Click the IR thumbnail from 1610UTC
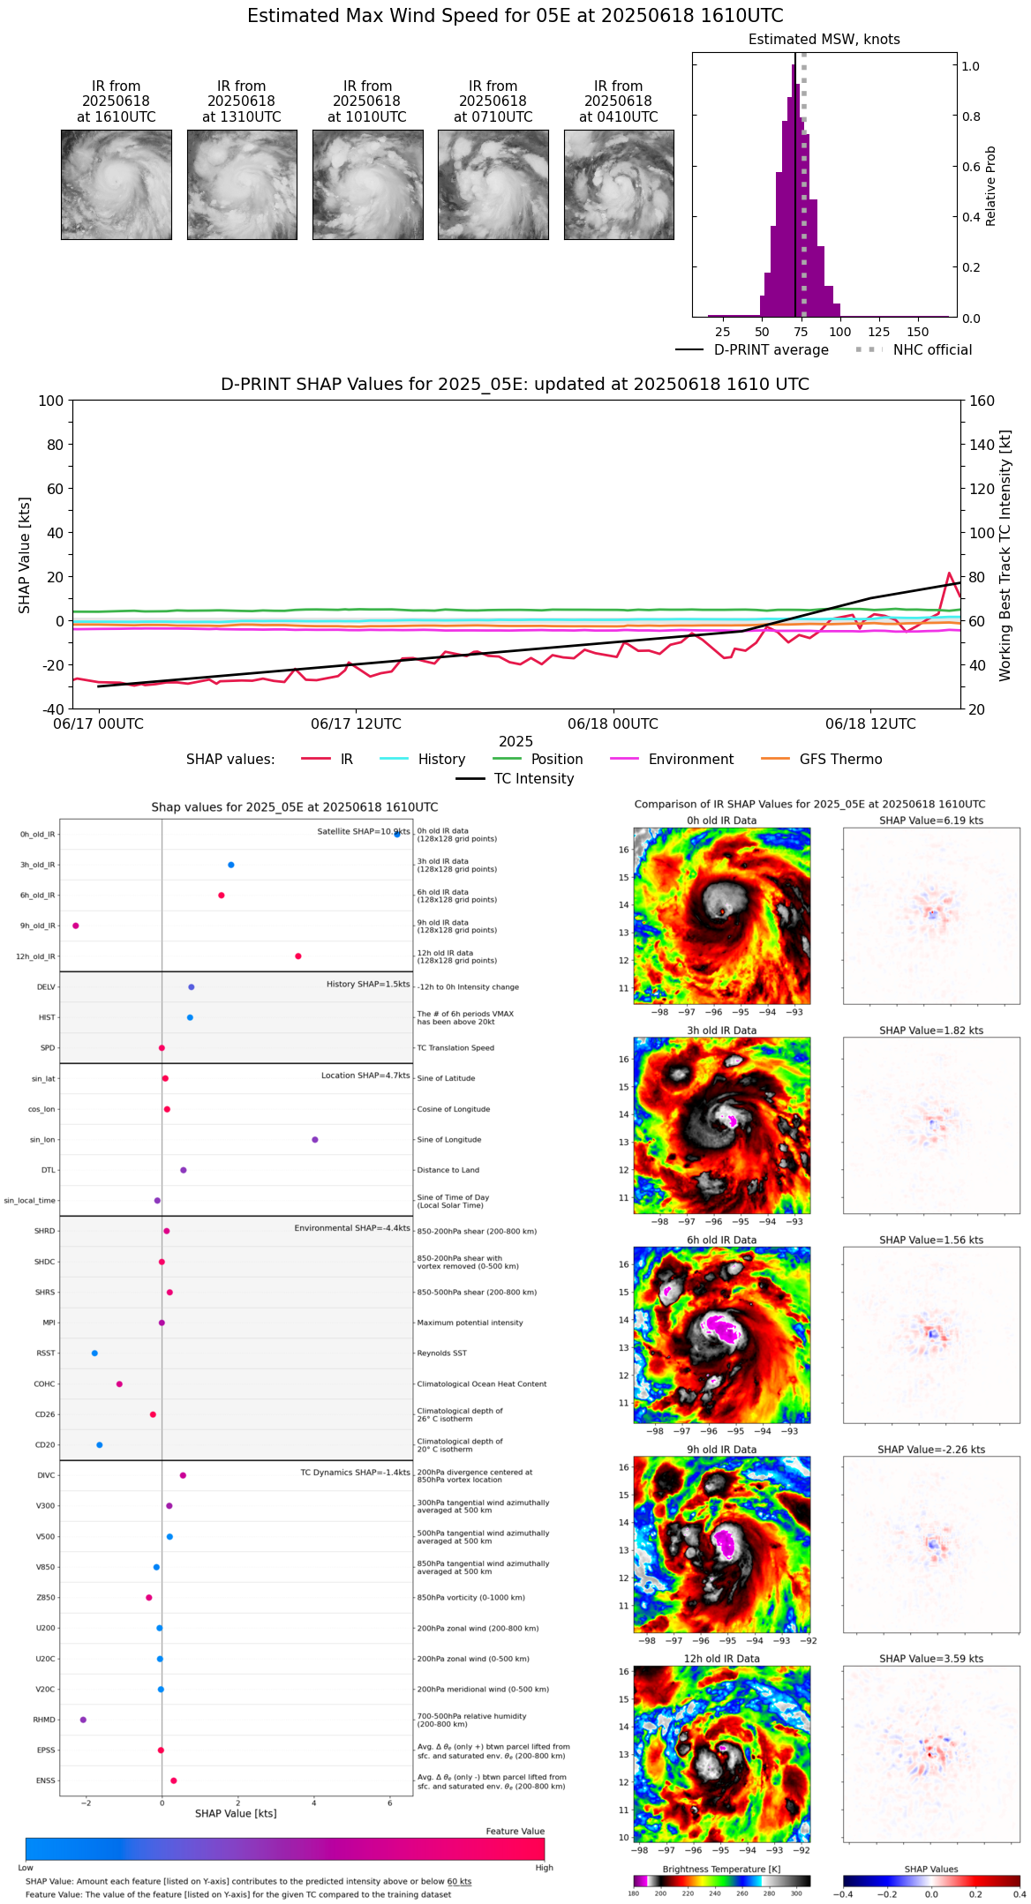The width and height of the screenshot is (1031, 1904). [117, 184]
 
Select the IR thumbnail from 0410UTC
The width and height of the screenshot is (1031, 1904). [619, 184]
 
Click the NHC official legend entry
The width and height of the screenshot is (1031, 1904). [932, 350]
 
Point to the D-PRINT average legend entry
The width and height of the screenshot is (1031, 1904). [771, 350]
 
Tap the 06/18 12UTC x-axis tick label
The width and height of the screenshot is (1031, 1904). [870, 724]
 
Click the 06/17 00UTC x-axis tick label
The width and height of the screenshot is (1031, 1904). [99, 724]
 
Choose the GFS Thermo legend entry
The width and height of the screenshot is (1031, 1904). [840, 760]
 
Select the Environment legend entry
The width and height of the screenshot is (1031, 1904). [690, 760]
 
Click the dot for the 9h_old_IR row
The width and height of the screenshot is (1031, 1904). [76, 926]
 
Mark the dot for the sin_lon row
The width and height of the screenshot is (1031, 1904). [315, 1140]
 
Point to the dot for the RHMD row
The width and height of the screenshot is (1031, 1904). [83, 1720]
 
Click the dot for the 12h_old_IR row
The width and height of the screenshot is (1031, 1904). [298, 956]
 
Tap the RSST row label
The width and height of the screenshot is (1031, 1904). [46, 1353]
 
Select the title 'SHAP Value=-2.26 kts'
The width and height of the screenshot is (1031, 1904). [931, 1450]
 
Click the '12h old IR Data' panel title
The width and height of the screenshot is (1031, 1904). [721, 1659]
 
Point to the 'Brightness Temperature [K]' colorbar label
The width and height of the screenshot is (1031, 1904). [721, 1869]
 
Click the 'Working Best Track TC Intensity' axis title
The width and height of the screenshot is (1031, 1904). [1005, 556]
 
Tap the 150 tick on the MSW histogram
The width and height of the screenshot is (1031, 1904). [918, 332]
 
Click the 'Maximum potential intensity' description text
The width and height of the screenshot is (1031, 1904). [470, 1323]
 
